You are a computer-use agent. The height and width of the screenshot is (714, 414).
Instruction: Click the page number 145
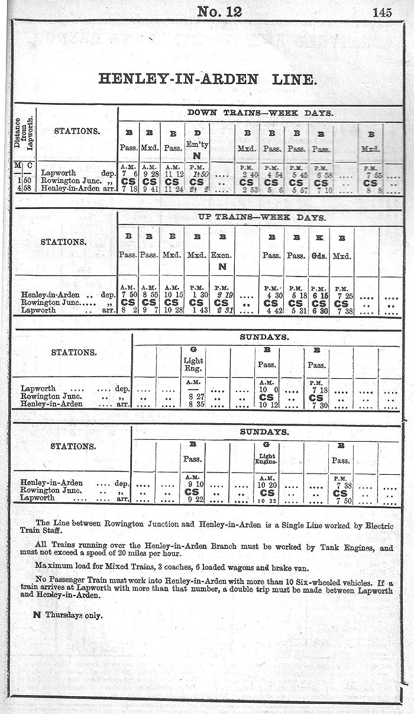382,12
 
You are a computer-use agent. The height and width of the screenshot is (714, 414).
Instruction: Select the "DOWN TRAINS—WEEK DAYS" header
260,112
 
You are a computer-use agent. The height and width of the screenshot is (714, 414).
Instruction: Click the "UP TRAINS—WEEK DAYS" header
260,217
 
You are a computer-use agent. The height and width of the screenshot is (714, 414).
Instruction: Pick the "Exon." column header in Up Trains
222,256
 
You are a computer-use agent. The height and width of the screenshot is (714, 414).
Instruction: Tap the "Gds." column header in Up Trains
319,256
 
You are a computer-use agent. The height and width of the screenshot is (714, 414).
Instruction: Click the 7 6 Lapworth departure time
128,173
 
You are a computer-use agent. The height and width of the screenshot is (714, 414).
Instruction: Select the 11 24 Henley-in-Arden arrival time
172,189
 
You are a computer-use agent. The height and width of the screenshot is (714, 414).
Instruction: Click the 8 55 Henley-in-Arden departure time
148,295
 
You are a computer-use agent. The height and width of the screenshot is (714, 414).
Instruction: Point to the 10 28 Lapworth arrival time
172,310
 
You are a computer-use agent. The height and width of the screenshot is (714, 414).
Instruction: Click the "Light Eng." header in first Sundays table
193,364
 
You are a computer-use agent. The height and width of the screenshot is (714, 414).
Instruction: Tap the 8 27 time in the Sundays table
193,396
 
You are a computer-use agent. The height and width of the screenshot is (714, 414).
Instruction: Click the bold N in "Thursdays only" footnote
37,615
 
